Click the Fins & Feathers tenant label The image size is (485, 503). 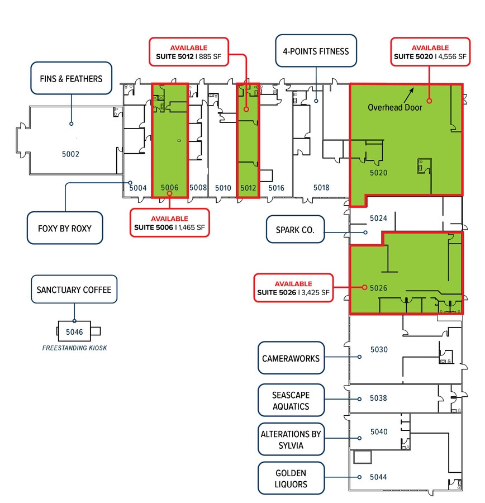(x=71, y=78)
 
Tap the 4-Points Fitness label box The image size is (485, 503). (x=316, y=51)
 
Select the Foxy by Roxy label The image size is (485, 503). (x=65, y=228)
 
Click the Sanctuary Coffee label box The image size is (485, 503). (x=74, y=290)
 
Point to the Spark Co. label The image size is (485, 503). (x=295, y=230)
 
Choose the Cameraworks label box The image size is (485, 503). (x=291, y=358)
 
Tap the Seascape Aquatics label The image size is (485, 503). (x=291, y=400)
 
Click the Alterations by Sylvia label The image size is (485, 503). (x=291, y=439)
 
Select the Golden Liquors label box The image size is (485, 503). (x=291, y=478)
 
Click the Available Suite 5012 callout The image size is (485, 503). (x=188, y=52)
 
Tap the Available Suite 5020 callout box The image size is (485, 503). (x=430, y=52)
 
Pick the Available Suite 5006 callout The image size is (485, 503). (x=169, y=223)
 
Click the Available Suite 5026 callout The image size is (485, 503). (x=293, y=288)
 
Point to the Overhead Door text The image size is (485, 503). (x=394, y=107)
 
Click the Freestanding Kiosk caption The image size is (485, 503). (x=74, y=348)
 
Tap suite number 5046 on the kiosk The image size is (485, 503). (x=74, y=332)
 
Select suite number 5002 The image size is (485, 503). (x=71, y=153)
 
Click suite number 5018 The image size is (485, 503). (x=321, y=188)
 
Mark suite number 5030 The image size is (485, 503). (x=378, y=350)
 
